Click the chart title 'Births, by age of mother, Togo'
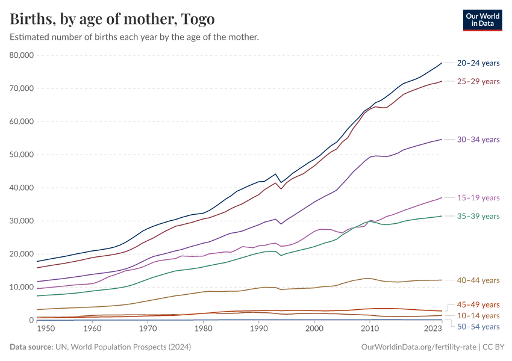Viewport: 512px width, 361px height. tap(112, 19)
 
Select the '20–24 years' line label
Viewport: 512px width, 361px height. tap(478, 63)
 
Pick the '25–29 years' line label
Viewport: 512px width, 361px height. tap(478, 81)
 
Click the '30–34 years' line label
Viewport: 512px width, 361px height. tap(478, 140)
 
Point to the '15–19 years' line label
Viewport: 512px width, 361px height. tap(478, 198)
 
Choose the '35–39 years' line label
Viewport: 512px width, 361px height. tap(478, 216)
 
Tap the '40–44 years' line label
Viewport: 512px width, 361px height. tap(478, 280)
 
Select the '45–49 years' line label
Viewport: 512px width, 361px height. tap(478, 304)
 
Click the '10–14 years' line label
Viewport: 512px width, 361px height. tap(478, 316)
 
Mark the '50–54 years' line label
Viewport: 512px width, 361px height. tap(478, 327)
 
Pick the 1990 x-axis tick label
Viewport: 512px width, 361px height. tap(258, 329)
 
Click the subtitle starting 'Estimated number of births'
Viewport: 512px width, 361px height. tap(134, 37)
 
